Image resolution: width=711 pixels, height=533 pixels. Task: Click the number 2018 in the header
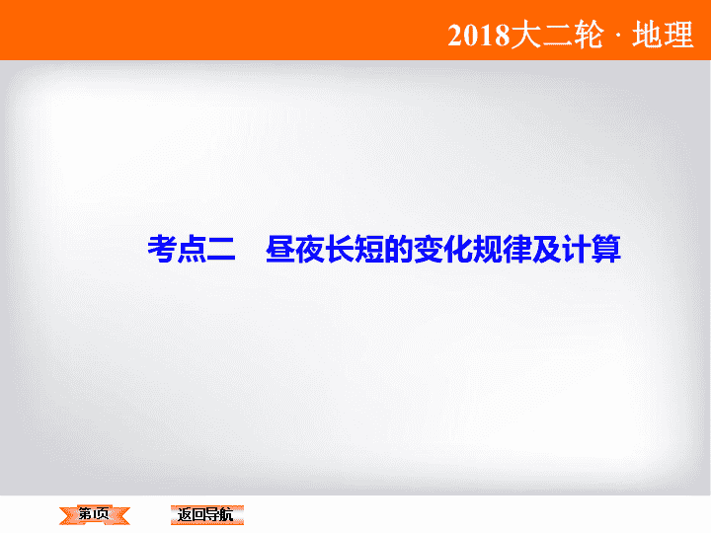(479, 36)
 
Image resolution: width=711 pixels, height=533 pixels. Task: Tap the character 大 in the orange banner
(526, 35)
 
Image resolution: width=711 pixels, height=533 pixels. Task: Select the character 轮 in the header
(589, 35)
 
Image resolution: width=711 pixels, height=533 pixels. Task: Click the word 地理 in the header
(663, 35)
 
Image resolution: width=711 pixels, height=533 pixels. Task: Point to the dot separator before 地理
(618, 36)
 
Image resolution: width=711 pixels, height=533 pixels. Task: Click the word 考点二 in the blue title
(192, 249)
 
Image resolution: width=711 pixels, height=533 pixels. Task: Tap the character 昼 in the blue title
(280, 249)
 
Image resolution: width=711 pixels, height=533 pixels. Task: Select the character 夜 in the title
(310, 249)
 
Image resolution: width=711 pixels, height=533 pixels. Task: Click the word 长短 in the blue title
(355, 249)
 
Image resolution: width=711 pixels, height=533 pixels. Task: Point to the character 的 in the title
(399, 249)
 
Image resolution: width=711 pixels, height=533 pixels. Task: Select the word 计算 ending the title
(592, 249)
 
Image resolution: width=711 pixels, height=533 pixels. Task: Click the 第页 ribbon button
(95, 515)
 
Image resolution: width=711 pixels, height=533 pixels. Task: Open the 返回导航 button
(207, 515)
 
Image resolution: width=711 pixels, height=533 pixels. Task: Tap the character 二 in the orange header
(557, 35)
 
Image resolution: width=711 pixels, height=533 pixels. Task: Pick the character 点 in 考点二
(192, 249)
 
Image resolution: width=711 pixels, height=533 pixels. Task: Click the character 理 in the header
(678, 35)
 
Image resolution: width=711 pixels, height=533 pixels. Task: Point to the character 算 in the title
(606, 249)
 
